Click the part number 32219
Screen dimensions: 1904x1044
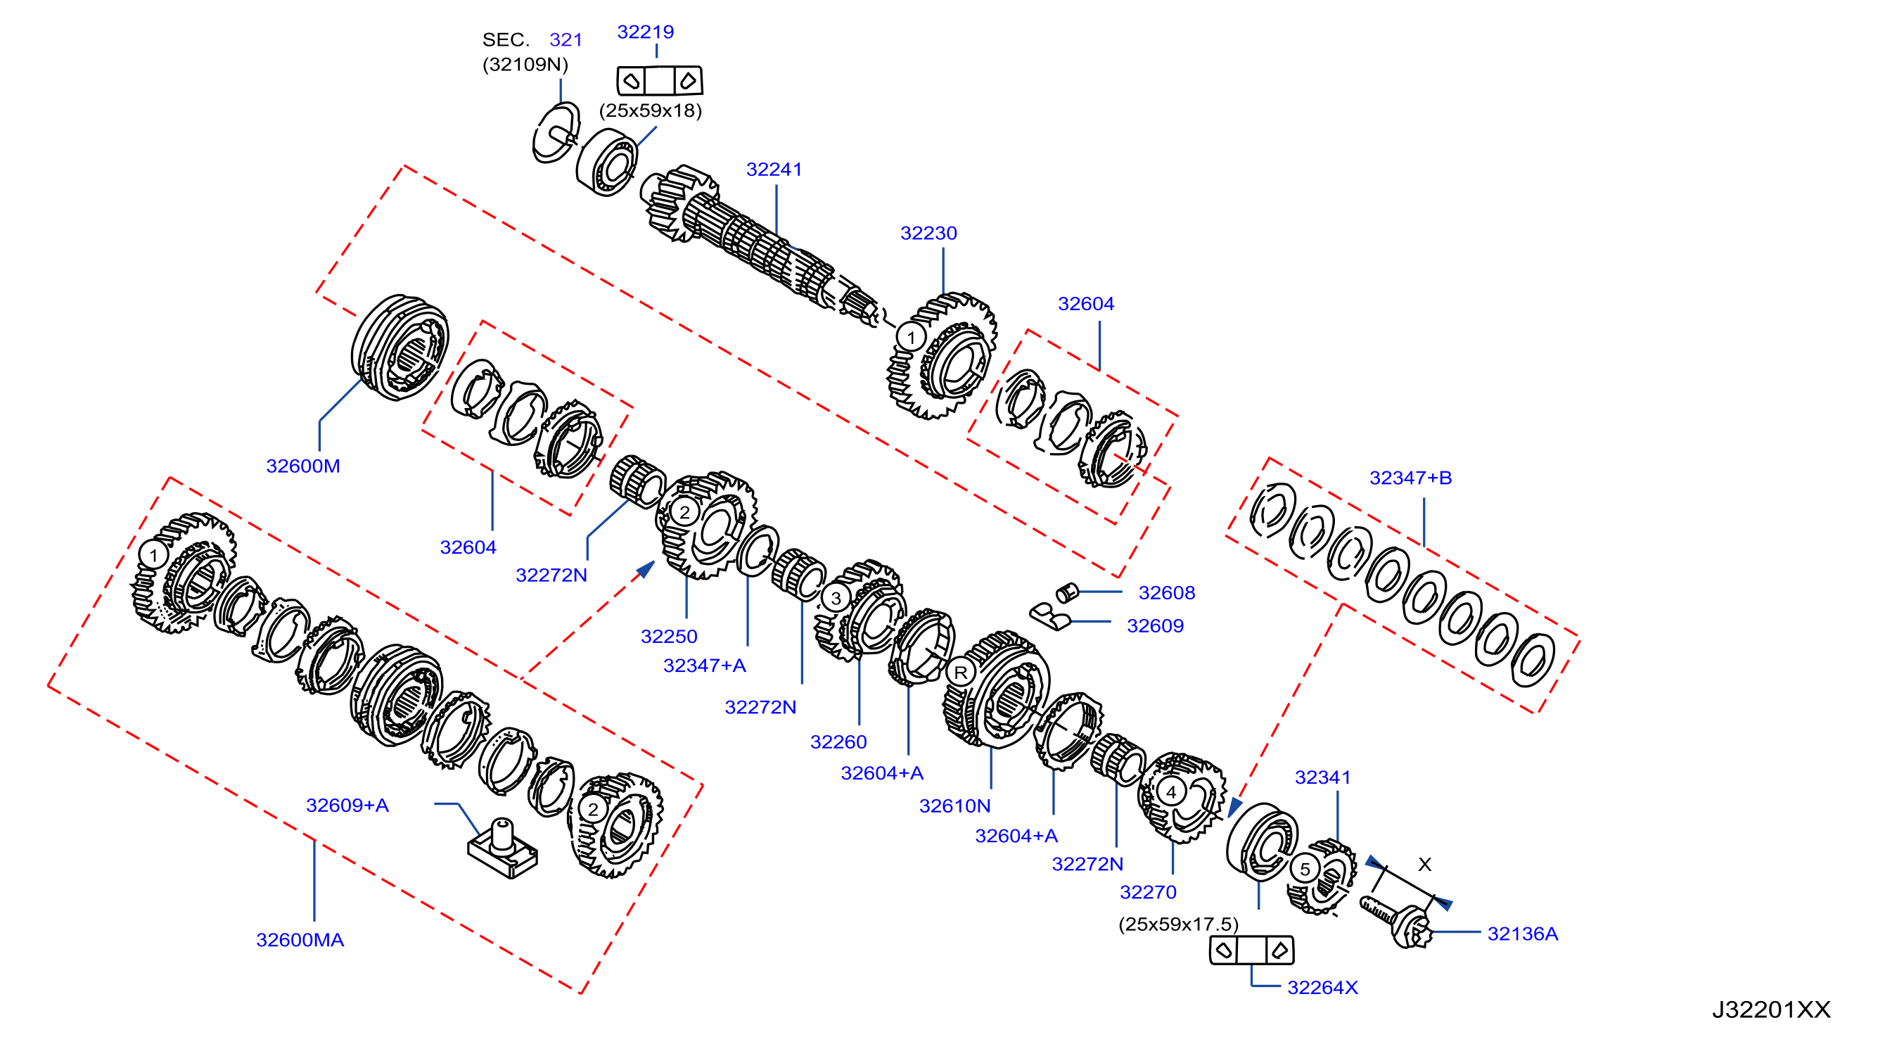[645, 32]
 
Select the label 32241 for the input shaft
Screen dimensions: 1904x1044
[774, 170]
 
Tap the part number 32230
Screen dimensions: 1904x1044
[928, 233]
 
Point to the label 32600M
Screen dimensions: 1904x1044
[303, 466]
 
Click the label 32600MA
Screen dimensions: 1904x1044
[300, 940]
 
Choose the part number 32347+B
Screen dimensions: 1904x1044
[1410, 478]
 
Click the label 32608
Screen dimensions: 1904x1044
[1166, 592]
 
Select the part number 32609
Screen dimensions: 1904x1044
[1155, 625]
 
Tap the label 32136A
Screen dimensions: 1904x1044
[1523, 934]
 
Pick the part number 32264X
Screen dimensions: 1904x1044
[1322, 988]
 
